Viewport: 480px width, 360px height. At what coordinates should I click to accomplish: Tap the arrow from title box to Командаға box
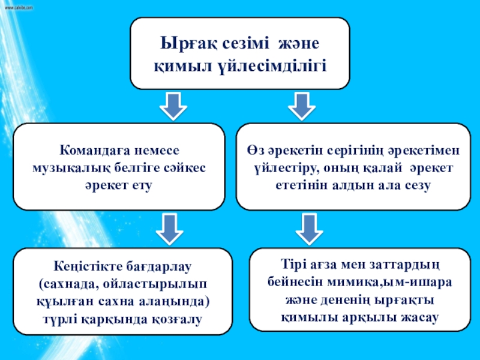(173, 106)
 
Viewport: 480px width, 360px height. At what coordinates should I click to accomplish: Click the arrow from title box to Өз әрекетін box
(302, 106)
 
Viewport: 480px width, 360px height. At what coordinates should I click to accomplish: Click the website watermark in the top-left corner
(19, 8)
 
